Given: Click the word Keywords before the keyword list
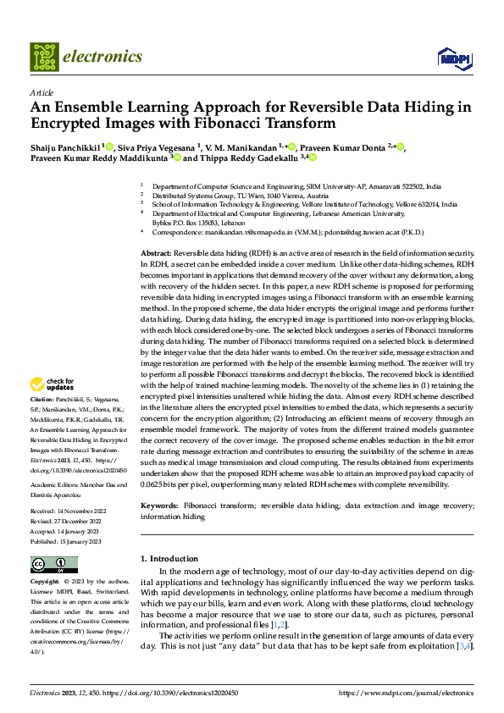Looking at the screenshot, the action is [x=159, y=505].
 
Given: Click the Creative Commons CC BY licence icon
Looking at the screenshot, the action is [x=53, y=565].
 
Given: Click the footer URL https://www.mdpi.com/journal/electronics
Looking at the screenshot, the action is [x=410, y=694].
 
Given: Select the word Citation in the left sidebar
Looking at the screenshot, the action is [x=41, y=399].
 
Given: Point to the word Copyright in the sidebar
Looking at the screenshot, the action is [x=46, y=583].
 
